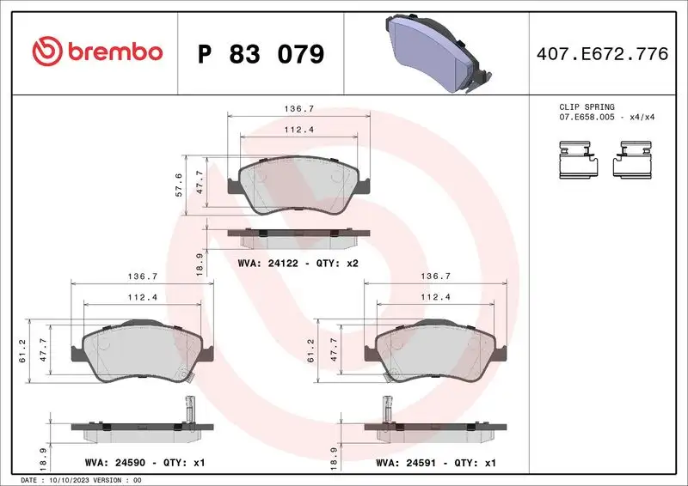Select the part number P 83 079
[x=261, y=54]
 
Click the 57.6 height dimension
[x=179, y=185]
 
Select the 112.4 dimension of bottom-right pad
[x=435, y=298]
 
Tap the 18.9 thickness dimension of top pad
[x=200, y=261]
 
